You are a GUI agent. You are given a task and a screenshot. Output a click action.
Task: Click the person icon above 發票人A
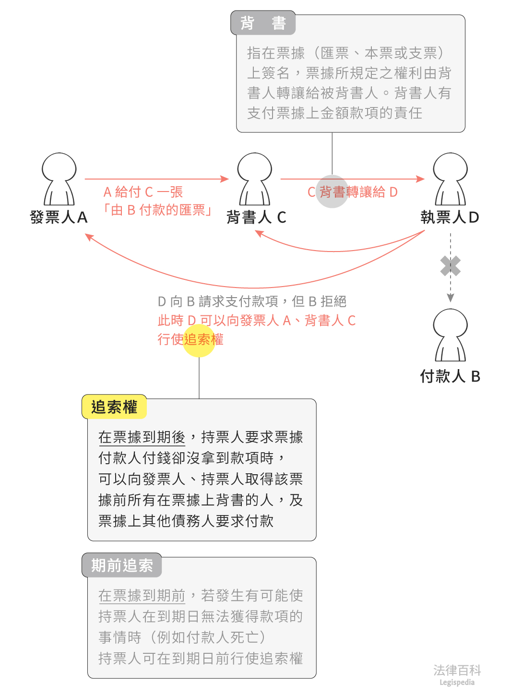tap(59, 179)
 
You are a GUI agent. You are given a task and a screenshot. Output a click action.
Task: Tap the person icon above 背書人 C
tap(255, 179)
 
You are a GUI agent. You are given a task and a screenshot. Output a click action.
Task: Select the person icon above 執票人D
tap(450, 179)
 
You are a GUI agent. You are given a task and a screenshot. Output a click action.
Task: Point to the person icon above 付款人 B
tap(450, 335)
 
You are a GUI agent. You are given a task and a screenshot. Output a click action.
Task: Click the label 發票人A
tap(59, 217)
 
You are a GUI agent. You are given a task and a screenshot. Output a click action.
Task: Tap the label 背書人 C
tap(256, 217)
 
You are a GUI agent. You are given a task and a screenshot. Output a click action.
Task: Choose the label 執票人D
tap(450, 217)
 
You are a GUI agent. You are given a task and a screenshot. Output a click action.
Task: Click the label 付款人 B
tap(450, 376)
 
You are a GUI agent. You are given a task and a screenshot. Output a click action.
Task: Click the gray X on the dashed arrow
tap(451, 266)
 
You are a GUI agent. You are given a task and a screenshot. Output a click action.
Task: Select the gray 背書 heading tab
tap(263, 23)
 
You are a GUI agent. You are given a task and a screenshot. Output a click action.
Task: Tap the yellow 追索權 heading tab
tap(114, 407)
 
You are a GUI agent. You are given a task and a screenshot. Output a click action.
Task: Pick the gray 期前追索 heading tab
tap(122, 565)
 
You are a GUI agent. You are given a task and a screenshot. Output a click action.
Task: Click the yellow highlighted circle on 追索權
tap(199, 340)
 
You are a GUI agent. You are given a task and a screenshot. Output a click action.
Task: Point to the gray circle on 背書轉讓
tap(332, 192)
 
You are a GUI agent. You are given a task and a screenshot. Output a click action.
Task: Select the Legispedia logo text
tap(457, 682)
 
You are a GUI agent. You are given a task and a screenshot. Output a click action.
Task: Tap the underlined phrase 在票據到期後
tap(142, 437)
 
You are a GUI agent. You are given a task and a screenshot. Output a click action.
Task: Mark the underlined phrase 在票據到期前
tap(142, 596)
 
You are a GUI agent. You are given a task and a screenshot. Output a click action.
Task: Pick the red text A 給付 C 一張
tap(143, 192)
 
